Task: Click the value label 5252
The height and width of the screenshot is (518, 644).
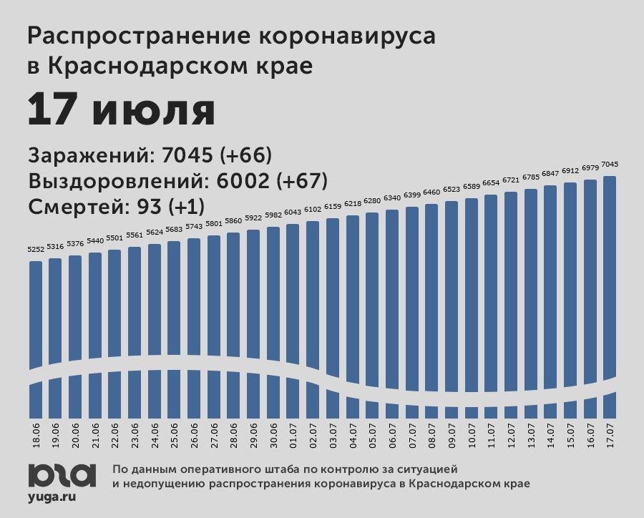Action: click(x=36, y=250)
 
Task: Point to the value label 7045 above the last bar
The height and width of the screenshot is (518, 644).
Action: click(x=610, y=165)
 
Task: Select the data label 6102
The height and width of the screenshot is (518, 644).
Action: click(x=313, y=210)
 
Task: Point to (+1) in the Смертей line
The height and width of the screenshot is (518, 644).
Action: click(x=185, y=207)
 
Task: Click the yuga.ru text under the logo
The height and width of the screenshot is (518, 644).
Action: click(x=53, y=495)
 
